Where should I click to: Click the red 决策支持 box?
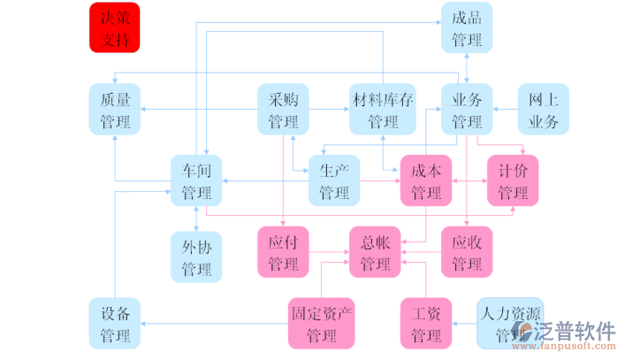click(115, 27)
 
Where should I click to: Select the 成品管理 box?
click(467, 27)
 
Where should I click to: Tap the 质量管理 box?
click(115, 109)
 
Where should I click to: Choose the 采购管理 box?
click(283, 109)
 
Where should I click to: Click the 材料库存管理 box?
click(382, 109)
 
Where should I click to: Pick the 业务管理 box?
click(467, 109)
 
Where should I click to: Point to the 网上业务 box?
click(543, 109)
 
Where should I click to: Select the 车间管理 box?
click(196, 180)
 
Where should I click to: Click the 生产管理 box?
click(333, 180)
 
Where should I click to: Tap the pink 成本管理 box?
click(426, 180)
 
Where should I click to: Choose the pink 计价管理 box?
click(513, 180)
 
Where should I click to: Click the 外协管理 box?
click(196, 257)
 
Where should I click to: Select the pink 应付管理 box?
click(283, 251)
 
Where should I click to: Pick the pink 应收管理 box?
click(467, 251)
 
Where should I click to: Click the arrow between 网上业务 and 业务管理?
click(505, 109)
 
